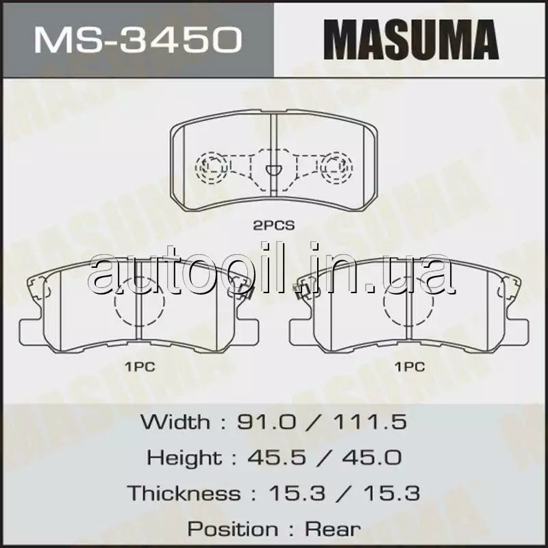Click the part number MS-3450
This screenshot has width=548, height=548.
point(138,40)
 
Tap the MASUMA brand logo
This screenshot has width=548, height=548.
point(411,40)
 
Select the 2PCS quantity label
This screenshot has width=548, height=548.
point(274,226)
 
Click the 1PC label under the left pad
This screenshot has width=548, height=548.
point(140,367)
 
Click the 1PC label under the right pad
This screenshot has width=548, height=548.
point(410,367)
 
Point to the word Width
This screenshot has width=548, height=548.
point(175,422)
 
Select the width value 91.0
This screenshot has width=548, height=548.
point(266,422)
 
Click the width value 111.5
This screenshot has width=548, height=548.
point(370,422)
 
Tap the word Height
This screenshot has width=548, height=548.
point(184,458)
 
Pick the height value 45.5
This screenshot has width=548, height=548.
point(277,458)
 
